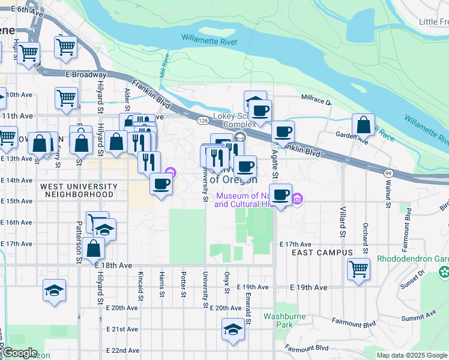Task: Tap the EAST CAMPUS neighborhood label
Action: click(x=322, y=253)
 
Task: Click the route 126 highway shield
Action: click(x=202, y=121)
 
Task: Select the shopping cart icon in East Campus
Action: click(x=358, y=268)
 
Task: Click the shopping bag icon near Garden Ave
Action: click(x=363, y=125)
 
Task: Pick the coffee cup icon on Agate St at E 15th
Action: click(x=280, y=194)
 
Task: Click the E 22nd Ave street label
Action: click(x=122, y=350)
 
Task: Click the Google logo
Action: click(x=20, y=353)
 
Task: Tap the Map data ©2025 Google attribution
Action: click(x=411, y=355)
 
